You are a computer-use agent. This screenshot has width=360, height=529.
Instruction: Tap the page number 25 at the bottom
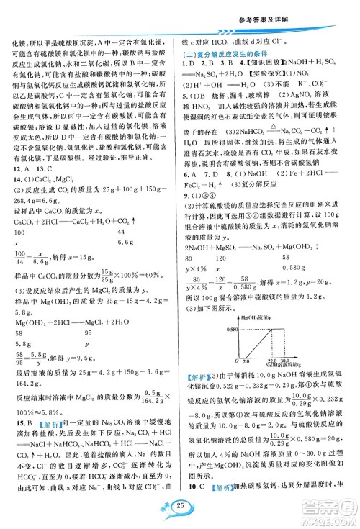(180, 510)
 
